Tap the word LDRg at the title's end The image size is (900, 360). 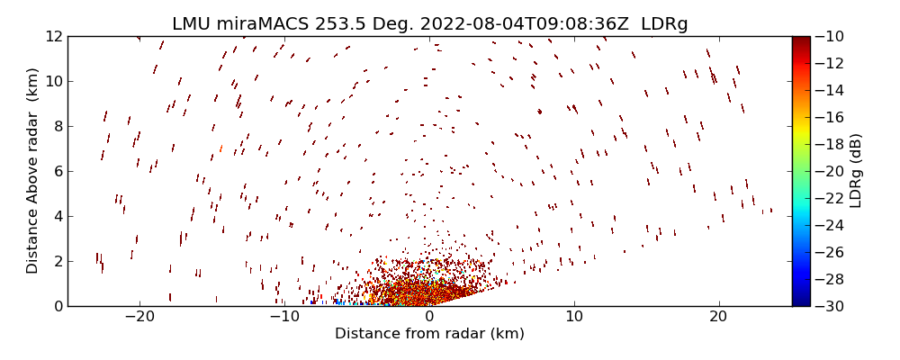click(x=664, y=24)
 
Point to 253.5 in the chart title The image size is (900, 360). click(x=326, y=24)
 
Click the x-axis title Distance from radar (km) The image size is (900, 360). click(x=429, y=334)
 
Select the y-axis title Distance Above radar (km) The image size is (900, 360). click(x=33, y=171)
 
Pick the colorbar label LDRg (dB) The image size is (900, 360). click(x=856, y=171)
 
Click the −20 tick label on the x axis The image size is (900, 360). click(x=139, y=317)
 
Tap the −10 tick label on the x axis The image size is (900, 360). click(x=283, y=317)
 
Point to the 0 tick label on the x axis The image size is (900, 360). click(x=429, y=317)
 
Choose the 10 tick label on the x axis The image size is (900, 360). click(x=574, y=317)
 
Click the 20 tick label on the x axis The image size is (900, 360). click(x=718, y=317)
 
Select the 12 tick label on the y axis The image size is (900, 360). click(x=53, y=37)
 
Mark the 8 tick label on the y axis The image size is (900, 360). click(x=57, y=126)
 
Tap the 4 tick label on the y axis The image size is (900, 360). click(x=57, y=216)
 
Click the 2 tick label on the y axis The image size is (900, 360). click(x=57, y=261)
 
